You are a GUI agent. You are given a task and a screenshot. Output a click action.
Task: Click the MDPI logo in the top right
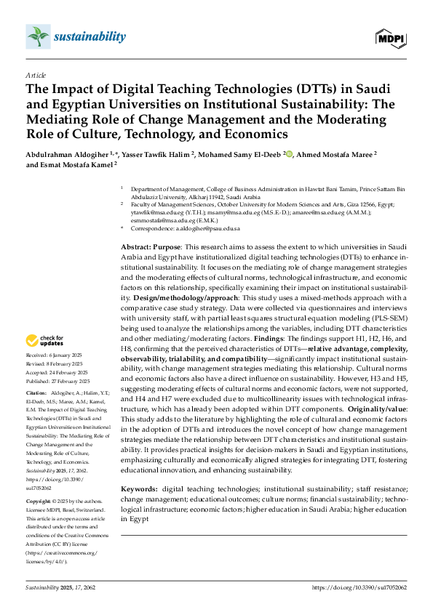tap(390, 36)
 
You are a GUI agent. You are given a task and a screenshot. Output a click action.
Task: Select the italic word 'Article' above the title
tap(36, 75)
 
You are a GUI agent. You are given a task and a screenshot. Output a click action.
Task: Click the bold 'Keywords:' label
tap(140, 491)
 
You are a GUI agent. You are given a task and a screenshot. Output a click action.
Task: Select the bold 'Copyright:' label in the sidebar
tap(39, 502)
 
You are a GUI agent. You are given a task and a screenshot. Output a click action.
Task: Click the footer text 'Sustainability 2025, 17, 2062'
tap(60, 587)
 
